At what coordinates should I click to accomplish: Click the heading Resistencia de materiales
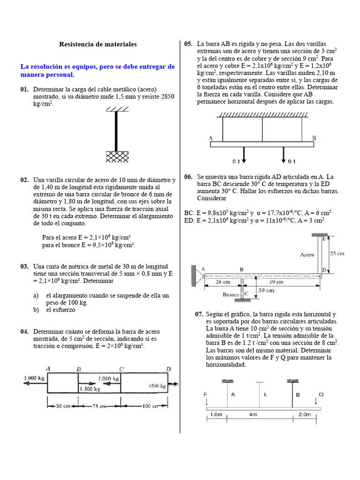(x=97, y=44)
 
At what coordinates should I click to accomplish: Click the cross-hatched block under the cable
(x=117, y=156)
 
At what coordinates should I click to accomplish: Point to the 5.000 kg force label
(x=34, y=377)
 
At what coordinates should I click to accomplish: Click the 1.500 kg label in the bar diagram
(x=90, y=389)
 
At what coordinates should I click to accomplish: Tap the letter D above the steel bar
(x=169, y=368)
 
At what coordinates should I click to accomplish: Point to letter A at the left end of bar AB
(x=210, y=138)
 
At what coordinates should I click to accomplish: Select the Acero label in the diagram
(x=307, y=255)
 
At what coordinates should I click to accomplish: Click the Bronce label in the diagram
(x=231, y=295)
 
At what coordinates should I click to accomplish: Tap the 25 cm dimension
(x=337, y=253)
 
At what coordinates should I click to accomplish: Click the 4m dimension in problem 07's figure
(x=253, y=414)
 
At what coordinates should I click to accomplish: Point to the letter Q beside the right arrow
(x=321, y=395)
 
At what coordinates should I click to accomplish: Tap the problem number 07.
(x=199, y=314)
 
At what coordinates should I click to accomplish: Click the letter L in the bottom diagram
(x=265, y=395)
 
